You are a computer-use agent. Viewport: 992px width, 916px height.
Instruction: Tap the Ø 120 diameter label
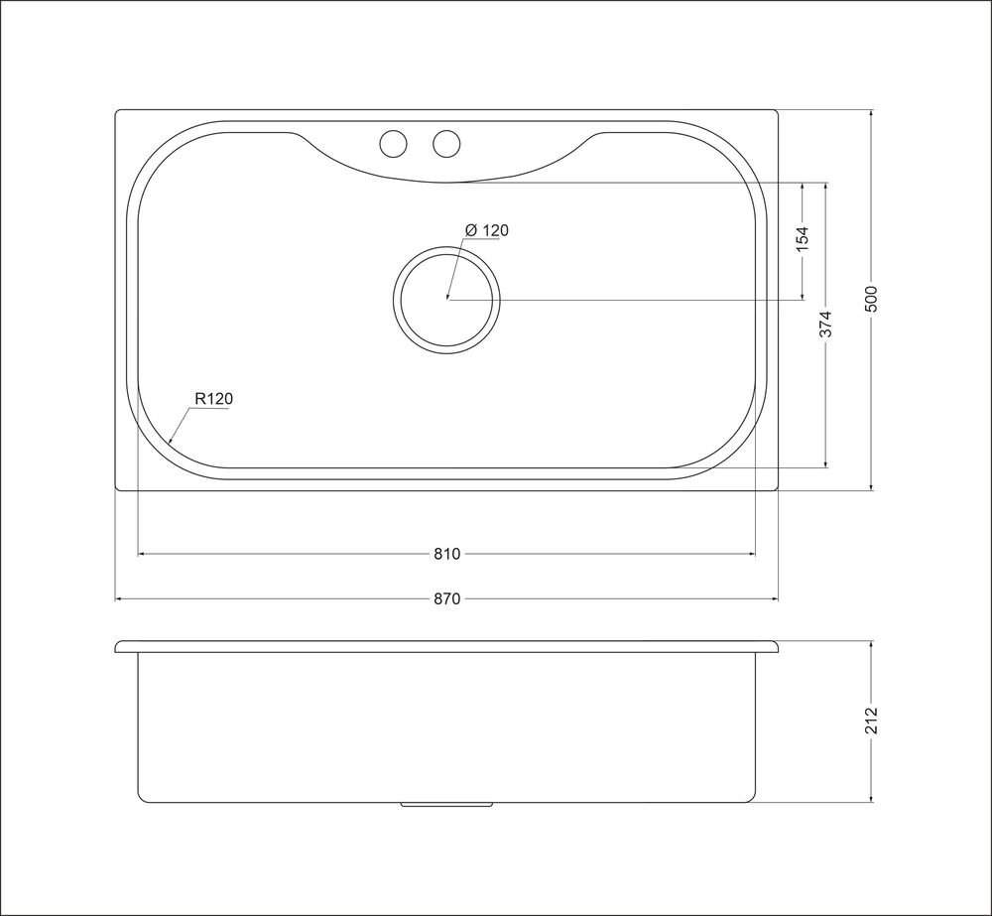pos(486,230)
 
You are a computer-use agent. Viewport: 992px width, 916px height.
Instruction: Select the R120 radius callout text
pos(214,399)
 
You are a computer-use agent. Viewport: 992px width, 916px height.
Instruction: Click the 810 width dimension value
pos(446,554)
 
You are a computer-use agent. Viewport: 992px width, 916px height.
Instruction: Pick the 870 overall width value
pos(446,598)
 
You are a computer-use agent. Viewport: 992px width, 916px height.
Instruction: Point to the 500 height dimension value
pos(871,299)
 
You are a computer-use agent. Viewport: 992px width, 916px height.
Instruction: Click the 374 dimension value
pos(826,325)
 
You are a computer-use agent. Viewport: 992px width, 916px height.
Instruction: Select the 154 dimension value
pos(803,239)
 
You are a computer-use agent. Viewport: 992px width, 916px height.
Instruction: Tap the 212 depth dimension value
pos(871,721)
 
